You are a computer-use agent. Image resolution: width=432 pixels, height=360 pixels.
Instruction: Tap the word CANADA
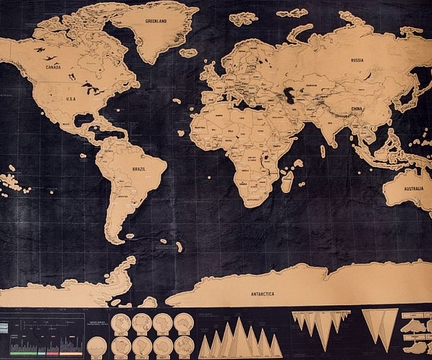(x=53, y=68)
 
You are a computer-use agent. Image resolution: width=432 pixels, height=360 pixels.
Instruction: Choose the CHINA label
(x=356, y=108)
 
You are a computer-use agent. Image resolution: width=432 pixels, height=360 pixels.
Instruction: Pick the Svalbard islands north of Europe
(x=242, y=18)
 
